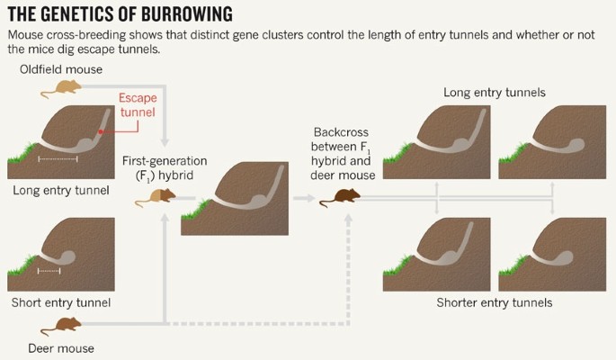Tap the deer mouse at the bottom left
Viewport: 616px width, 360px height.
67,325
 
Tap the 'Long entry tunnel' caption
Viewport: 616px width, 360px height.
61,190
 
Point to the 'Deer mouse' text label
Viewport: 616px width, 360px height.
60,347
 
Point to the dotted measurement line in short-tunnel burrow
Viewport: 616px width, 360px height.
49,269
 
